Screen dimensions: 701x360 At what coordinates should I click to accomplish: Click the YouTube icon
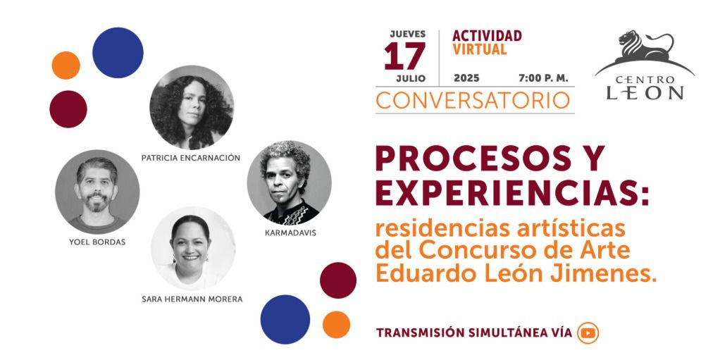pos(588,333)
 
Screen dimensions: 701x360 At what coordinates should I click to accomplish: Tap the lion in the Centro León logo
pos(645,46)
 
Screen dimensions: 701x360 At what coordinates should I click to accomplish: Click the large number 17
pos(404,56)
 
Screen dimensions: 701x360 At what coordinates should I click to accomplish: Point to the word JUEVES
pos(408,34)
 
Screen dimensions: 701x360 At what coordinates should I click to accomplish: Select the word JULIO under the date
pos(411,79)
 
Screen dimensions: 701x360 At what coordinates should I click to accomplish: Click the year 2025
pos(466,78)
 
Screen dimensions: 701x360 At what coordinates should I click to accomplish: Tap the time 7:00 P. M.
pos(543,78)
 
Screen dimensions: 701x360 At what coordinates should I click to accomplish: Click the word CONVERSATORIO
pos(473,101)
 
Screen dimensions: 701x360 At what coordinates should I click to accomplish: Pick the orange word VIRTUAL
pos(479,49)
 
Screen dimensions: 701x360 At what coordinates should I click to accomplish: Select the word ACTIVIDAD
pos(487,36)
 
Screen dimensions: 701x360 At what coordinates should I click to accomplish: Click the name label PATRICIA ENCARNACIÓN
pos(191,158)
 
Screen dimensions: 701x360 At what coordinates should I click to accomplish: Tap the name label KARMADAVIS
pos(290,233)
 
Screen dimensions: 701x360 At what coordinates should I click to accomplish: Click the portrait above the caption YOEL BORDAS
pos(97,192)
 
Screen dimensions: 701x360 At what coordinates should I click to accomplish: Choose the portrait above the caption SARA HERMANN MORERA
pos(193,248)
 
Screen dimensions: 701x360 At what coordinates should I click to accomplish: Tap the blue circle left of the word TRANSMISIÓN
pos(285,319)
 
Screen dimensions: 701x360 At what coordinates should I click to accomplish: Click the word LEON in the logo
pos(645,92)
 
